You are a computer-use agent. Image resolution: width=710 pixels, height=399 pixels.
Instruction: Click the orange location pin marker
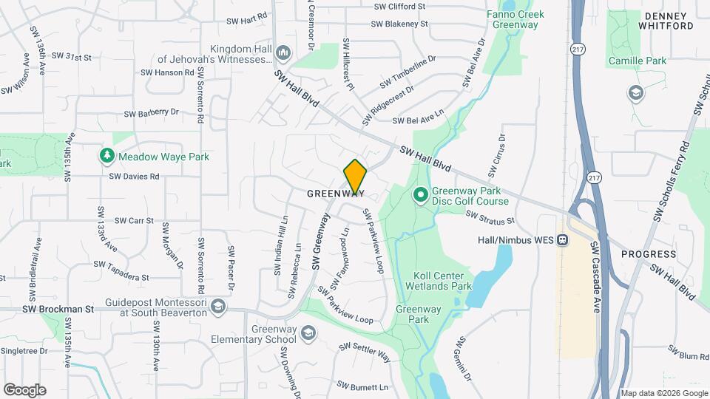point(356,176)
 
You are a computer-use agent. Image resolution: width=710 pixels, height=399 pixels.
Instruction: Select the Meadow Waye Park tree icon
point(107,156)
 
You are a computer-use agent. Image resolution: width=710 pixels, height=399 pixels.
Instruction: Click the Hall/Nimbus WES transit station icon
point(563,239)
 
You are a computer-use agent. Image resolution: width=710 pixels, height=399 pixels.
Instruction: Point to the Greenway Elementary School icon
point(307,334)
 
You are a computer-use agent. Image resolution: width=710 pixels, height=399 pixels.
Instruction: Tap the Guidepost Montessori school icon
point(218,306)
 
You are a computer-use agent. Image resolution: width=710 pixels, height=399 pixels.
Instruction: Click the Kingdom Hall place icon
point(283,52)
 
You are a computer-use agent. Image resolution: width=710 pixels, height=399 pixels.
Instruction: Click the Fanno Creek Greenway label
point(515,20)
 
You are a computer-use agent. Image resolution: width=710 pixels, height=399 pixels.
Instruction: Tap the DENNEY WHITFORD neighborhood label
point(669,21)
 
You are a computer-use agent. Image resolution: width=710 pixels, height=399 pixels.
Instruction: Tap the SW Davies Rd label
point(134,177)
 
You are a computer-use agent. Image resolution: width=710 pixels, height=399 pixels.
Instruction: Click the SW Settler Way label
point(365,352)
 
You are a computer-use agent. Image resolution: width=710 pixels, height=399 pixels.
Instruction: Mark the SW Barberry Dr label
point(152,113)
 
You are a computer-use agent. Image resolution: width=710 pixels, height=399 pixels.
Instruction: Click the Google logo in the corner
point(24,390)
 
